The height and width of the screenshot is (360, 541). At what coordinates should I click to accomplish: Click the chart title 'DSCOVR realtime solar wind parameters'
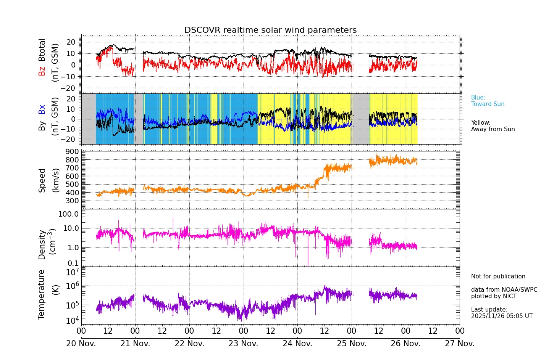pyautogui.click(x=270, y=30)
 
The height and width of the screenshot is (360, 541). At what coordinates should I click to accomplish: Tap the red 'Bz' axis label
pyautogui.click(x=42, y=71)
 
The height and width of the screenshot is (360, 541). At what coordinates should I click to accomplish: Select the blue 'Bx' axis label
pyautogui.click(x=42, y=109)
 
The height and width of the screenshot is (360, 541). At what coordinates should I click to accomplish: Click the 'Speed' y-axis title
pyautogui.click(x=42, y=180)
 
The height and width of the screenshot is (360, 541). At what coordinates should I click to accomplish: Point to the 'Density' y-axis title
pyautogui.click(x=42, y=244)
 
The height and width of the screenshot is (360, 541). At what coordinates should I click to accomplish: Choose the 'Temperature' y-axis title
pyautogui.click(x=42, y=294)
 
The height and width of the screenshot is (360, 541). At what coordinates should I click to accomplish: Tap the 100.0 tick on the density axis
pyautogui.click(x=68, y=214)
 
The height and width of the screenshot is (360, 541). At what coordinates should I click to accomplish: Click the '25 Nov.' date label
pyautogui.click(x=351, y=344)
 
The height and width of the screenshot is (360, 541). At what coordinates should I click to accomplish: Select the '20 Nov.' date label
pyautogui.click(x=81, y=344)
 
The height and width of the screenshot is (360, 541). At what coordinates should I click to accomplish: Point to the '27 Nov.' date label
pyautogui.click(x=459, y=344)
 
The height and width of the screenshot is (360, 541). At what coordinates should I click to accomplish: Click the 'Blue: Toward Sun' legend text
pyautogui.click(x=488, y=101)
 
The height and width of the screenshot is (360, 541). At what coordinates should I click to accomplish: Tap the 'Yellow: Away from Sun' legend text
pyautogui.click(x=493, y=126)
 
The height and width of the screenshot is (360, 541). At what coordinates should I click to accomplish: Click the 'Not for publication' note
pyautogui.click(x=498, y=276)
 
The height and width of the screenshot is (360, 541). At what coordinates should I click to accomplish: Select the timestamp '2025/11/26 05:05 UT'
pyautogui.click(x=501, y=316)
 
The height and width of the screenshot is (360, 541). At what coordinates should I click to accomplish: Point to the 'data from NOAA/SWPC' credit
pyautogui.click(x=504, y=290)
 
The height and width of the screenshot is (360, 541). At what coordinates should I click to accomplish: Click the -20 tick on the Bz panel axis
pyautogui.click(x=71, y=88)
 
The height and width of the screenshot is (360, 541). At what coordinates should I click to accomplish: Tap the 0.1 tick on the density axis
pyautogui.click(x=73, y=263)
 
